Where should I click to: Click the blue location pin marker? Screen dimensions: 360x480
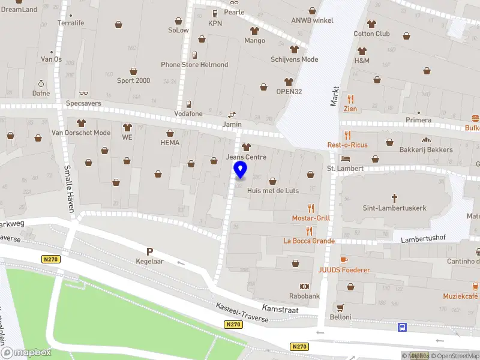point(240,169)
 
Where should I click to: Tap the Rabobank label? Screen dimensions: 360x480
point(304,296)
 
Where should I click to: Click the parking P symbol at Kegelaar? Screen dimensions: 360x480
point(149,252)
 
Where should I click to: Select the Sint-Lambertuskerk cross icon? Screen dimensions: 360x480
point(394,197)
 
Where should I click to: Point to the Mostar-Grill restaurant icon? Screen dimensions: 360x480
point(310,208)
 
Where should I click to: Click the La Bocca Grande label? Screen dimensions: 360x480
point(309,241)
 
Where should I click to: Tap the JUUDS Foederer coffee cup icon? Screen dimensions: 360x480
point(344,260)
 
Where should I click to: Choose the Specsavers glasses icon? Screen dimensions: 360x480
point(83,93)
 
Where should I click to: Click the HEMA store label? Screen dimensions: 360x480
point(170,142)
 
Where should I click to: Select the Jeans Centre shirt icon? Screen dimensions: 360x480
point(245,147)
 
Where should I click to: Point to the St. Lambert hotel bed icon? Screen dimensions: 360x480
point(346,158)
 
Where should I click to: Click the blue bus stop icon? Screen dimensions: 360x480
point(402,327)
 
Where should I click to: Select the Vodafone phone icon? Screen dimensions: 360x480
point(188,104)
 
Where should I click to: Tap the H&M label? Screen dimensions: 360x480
point(362,61)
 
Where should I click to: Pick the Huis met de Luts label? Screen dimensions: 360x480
point(272,190)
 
